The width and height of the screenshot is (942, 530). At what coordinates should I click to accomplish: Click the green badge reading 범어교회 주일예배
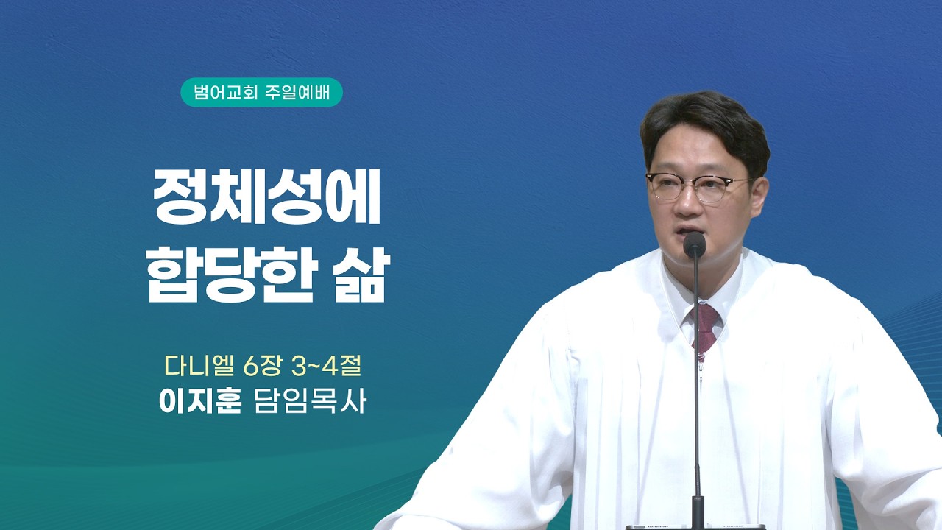tap(261, 92)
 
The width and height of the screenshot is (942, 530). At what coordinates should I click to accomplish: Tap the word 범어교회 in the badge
tap(225, 93)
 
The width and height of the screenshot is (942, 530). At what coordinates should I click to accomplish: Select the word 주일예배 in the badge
tap(298, 93)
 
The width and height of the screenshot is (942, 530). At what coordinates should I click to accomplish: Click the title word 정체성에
tap(267, 197)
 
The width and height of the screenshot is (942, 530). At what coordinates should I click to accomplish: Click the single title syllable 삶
tap(360, 275)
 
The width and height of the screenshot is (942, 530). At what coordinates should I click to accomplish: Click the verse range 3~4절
tap(327, 367)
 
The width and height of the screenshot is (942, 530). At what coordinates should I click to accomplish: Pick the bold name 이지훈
tap(201, 402)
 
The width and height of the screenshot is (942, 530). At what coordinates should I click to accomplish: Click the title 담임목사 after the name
tap(311, 402)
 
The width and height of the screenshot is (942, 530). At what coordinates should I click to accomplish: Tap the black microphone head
tap(694, 244)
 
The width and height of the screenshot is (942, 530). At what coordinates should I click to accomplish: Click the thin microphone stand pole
tap(696, 378)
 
